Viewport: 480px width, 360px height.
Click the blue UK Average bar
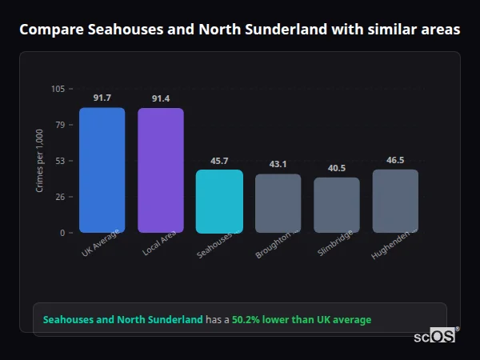102,170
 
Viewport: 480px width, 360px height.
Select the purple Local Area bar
161,170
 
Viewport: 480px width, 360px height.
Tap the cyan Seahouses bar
219,201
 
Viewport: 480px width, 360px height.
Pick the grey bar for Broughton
278,203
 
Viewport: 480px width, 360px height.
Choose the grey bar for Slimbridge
337,205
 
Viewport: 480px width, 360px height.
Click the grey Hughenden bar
395,201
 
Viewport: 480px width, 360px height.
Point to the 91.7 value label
102,98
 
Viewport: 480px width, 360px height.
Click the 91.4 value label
161,98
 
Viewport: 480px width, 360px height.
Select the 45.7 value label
219,161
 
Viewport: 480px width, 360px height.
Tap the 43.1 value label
278,164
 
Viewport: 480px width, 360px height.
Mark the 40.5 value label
337,168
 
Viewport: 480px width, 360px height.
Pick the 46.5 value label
395,160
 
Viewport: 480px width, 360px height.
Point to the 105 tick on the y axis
58,89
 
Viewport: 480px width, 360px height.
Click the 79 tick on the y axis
60,125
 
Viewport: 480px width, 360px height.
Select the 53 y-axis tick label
60,161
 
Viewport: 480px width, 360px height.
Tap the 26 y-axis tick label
60,197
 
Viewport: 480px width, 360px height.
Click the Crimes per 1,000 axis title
40,160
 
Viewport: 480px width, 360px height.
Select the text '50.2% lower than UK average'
302,320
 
